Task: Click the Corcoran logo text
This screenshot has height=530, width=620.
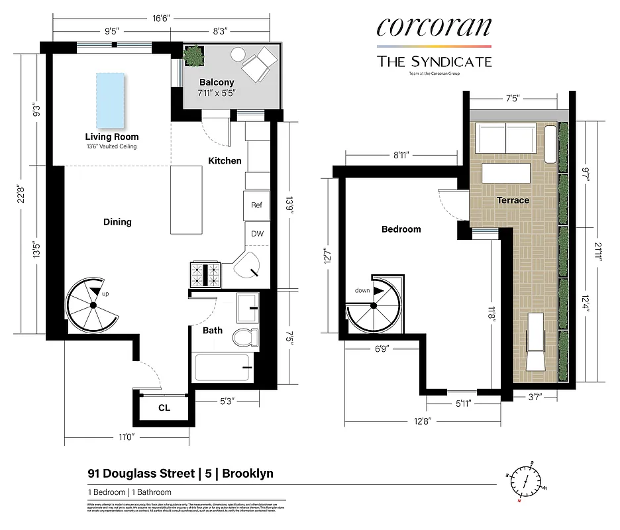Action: [x=434, y=27]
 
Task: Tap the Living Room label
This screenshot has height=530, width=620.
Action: [x=112, y=137]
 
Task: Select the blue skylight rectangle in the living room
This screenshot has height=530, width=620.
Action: [x=111, y=99]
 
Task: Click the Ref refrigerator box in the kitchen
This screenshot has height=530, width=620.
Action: [x=256, y=205]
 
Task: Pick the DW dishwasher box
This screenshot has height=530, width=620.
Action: [x=256, y=233]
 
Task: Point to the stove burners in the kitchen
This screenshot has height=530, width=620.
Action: [x=205, y=273]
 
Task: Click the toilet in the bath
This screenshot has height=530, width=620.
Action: [x=246, y=337]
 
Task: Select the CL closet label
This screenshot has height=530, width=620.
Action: [x=164, y=408]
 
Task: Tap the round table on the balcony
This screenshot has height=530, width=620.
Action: [x=238, y=55]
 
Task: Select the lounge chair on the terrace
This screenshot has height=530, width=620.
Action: [x=536, y=341]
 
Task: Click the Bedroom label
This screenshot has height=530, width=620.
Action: [x=401, y=229]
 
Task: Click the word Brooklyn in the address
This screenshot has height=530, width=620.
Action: [x=247, y=474]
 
